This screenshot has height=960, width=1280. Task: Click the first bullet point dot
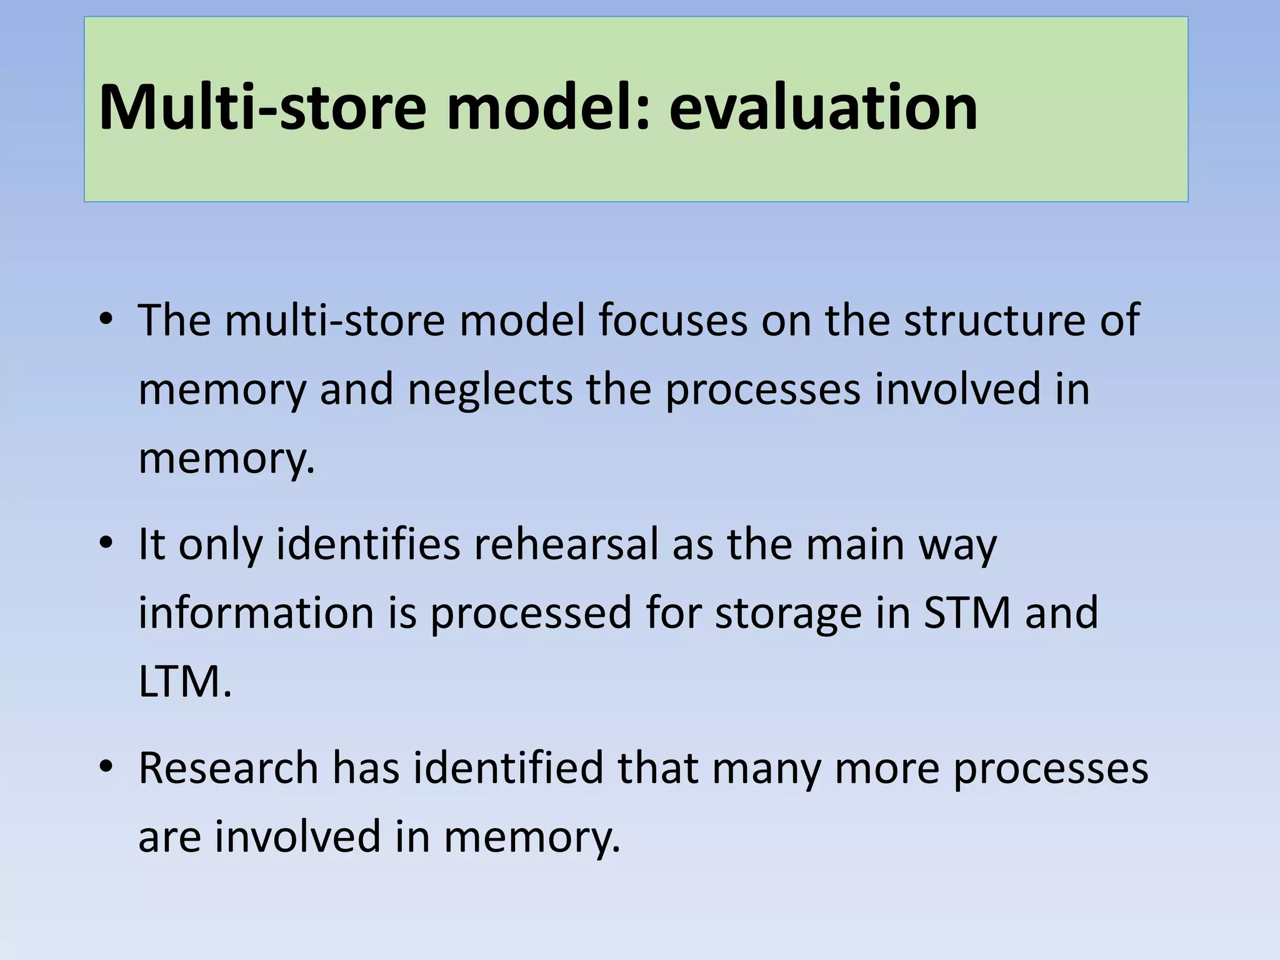pos(106,319)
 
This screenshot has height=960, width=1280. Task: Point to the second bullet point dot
pos(106,543)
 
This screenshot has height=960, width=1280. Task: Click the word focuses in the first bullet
pos(672,320)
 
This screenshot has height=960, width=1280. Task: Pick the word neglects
pos(490,389)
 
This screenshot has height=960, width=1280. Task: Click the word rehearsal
pos(566,544)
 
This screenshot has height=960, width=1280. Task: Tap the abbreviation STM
pos(967,612)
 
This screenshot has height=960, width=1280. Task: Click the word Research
pos(228,767)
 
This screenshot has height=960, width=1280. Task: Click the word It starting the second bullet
pos(151,544)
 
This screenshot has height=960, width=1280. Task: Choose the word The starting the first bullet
pos(174,320)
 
